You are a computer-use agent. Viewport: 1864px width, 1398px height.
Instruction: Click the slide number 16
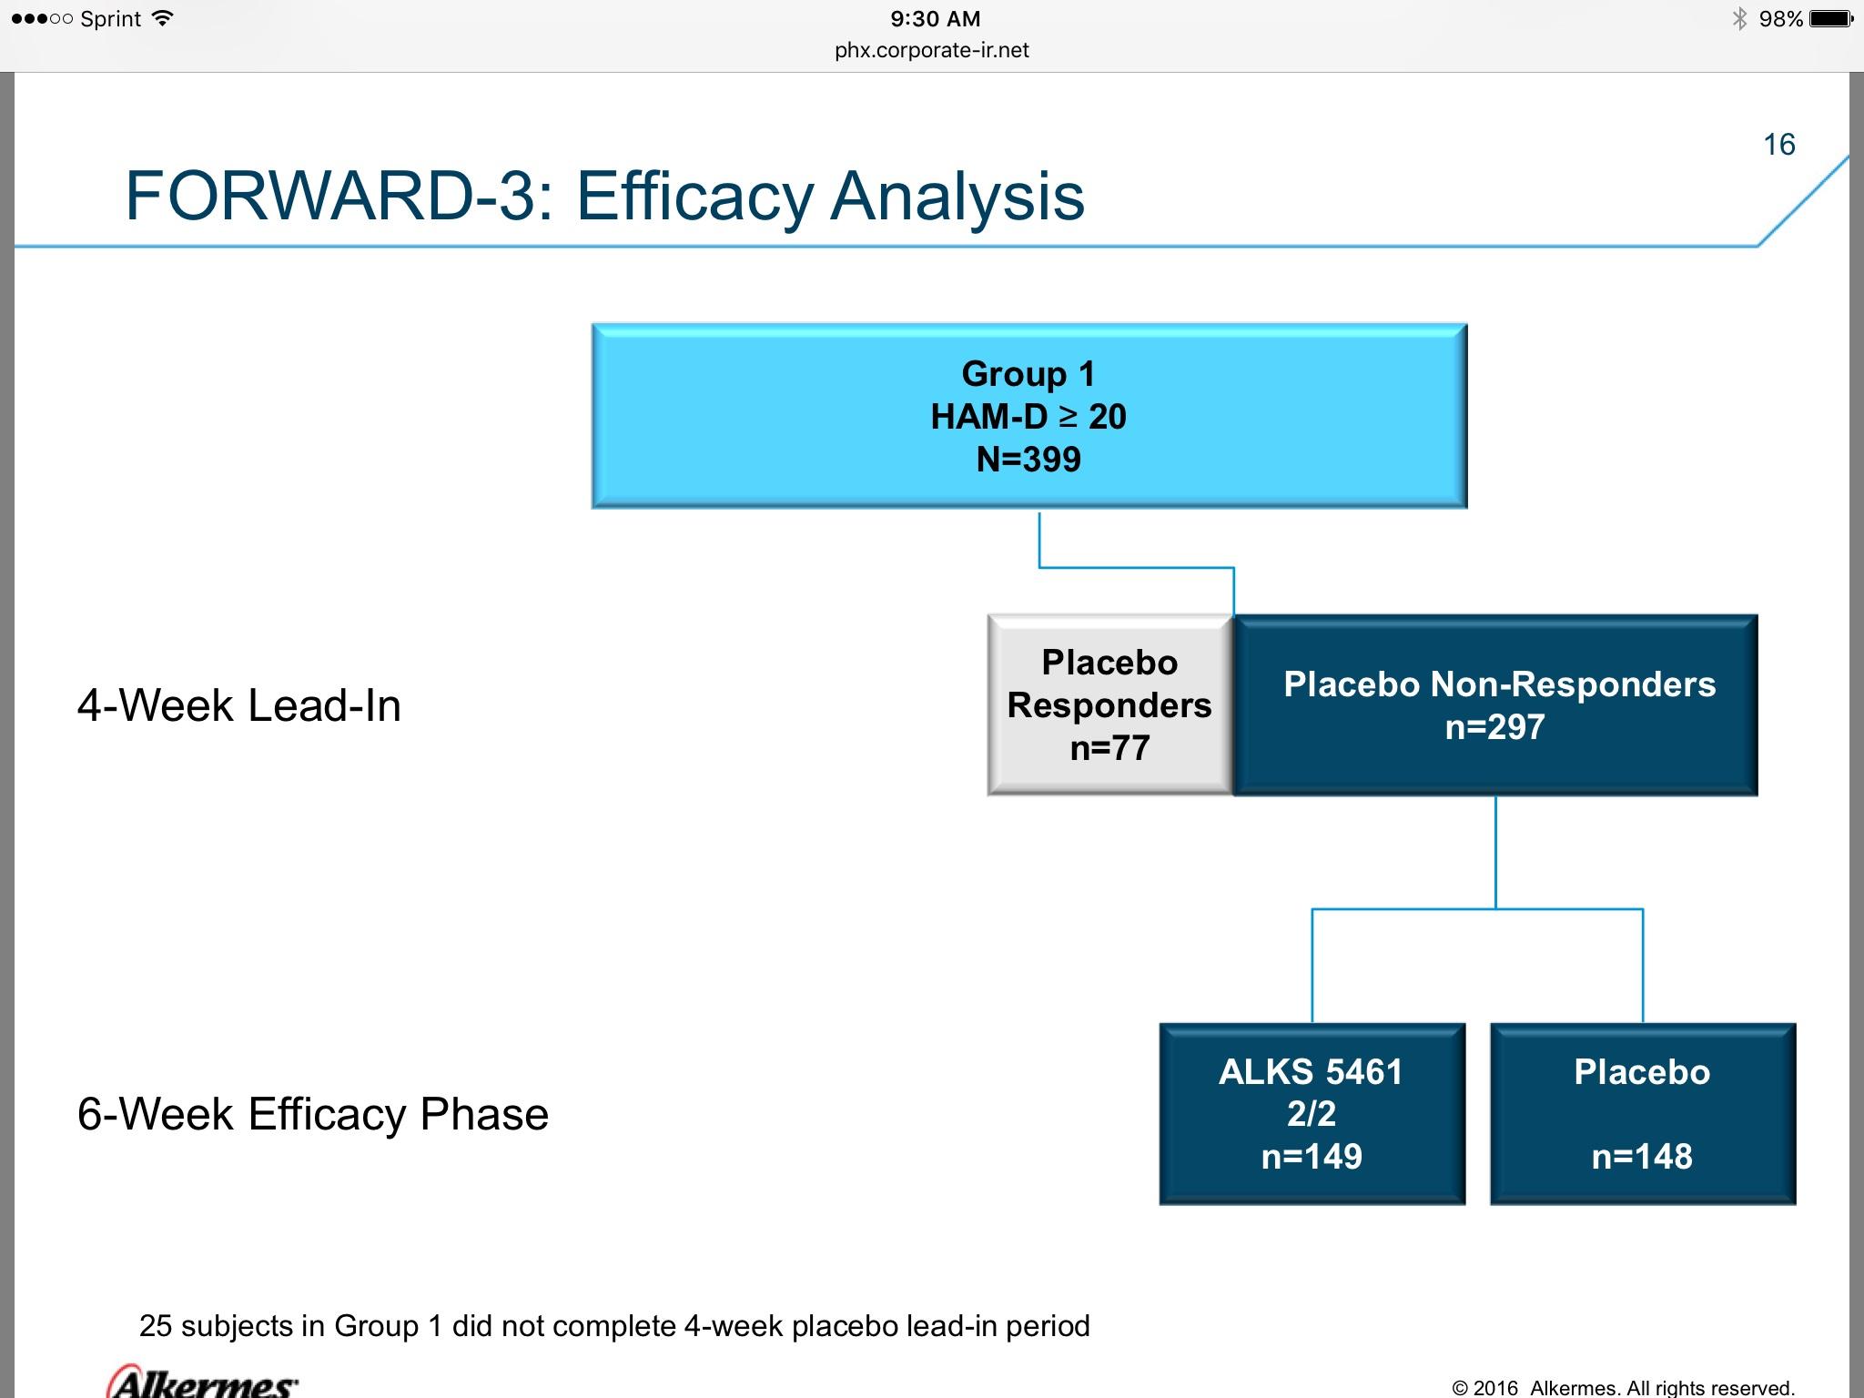(1778, 145)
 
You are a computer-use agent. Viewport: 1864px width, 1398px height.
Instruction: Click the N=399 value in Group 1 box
(1028, 460)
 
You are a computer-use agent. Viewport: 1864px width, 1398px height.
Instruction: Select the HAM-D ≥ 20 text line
(1028, 417)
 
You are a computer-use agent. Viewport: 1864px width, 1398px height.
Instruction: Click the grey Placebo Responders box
(1109, 705)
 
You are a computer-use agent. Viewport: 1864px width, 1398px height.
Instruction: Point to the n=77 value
(1109, 748)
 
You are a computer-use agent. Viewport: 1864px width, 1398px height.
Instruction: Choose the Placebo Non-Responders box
(1495, 705)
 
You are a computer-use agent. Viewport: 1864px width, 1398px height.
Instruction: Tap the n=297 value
(1495, 727)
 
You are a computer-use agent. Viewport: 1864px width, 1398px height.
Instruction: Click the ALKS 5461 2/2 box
(1312, 1114)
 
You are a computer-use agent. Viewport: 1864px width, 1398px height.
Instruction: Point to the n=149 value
(1312, 1157)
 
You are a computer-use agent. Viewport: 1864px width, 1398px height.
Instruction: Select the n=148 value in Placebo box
(1642, 1157)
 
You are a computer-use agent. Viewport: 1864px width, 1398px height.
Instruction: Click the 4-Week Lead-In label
(239, 705)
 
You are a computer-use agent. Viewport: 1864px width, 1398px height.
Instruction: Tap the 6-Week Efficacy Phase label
(313, 1114)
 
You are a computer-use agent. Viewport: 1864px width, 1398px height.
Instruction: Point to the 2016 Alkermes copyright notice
(1623, 1388)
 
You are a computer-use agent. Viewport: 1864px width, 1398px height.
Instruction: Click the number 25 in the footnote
(156, 1326)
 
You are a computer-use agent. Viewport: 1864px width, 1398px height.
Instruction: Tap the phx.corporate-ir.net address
(932, 50)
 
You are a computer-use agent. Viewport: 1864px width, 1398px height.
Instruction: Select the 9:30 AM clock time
(935, 19)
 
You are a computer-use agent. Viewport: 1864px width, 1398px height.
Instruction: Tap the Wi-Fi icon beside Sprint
(163, 18)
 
